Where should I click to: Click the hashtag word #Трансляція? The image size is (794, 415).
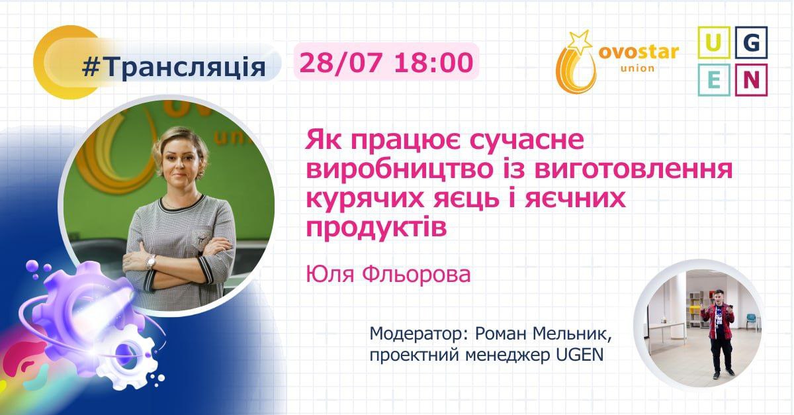[173, 67]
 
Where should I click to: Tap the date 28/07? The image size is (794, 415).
[341, 62]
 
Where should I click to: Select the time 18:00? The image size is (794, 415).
[433, 62]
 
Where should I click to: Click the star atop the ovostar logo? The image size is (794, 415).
[580, 41]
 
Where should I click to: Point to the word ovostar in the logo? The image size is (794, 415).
[639, 52]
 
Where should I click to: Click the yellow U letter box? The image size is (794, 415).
[714, 42]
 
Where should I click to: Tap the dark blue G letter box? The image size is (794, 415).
[751, 42]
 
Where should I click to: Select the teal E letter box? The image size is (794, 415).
[714, 80]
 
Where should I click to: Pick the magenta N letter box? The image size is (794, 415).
[751, 80]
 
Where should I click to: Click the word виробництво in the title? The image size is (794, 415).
[400, 169]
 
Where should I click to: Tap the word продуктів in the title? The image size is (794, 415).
[376, 228]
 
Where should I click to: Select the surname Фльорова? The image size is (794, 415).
[417, 275]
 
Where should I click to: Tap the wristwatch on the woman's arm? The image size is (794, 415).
[150, 261]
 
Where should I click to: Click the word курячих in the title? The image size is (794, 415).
[365, 199]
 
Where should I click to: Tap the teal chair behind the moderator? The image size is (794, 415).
[751, 320]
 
